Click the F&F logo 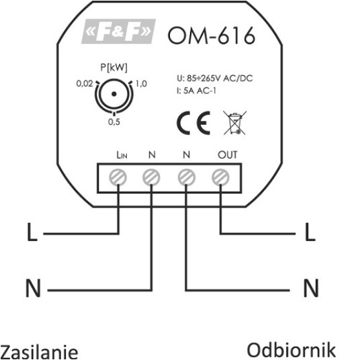pos(118,31)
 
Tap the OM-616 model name pos(212,36)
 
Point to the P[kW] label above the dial pos(114,67)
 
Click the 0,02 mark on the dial pos(85,83)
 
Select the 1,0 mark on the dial pos(141,83)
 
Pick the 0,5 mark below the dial pos(114,122)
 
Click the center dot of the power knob pos(114,94)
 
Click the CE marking pos(193,123)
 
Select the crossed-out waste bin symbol pos(234,123)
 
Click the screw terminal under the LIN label pos(118,177)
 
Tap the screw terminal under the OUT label pos(220,177)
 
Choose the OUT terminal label pos(227,154)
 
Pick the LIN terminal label pos(122,155)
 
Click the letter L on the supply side pos(32,232)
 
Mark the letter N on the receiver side pos(311,288)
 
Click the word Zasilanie pos(40,351)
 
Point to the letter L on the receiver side pos(310,232)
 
